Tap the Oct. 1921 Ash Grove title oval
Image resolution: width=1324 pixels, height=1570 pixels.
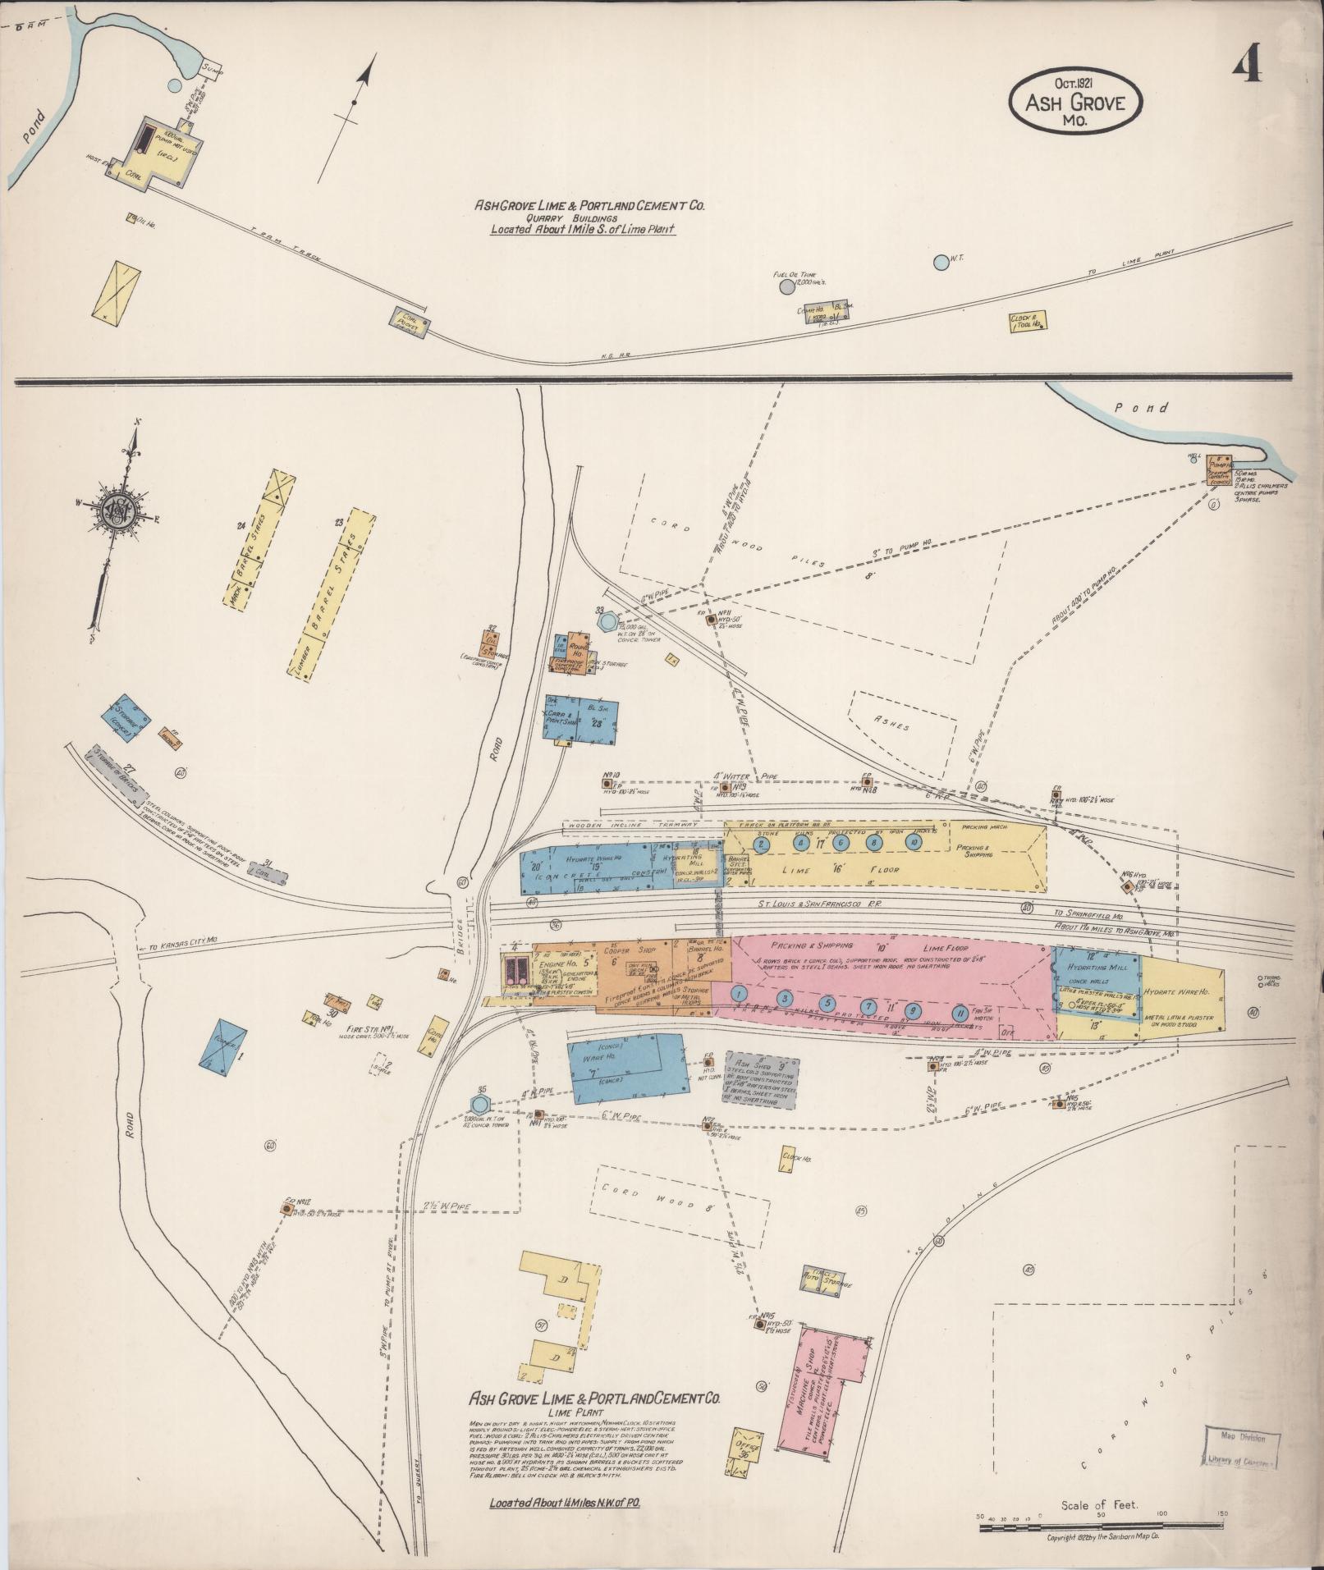coord(1074,101)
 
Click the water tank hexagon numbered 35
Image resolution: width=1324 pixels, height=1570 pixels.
coord(480,1104)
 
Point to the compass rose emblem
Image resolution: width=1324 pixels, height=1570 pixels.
coord(118,511)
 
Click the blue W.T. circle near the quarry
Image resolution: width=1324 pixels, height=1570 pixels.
coord(940,263)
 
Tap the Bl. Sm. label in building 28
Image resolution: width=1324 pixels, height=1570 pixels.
coord(594,707)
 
